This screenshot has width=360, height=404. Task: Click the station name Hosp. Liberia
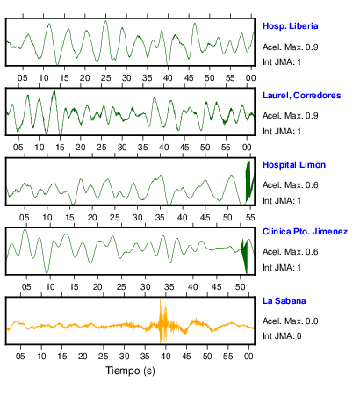290,26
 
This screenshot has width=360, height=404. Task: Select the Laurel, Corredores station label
302,96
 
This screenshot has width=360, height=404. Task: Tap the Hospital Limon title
294,165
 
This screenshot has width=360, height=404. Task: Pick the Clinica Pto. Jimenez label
305,232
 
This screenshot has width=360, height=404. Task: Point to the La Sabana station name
284,301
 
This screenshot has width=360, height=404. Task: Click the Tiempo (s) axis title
130,371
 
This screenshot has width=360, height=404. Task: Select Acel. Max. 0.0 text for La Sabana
290,321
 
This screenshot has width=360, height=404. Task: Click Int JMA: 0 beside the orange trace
282,335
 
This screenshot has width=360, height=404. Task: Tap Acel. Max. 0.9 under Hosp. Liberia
290,47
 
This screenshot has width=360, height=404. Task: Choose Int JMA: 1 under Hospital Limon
282,201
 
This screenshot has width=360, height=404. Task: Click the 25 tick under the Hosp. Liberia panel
106,78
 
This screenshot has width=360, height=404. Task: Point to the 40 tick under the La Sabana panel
165,357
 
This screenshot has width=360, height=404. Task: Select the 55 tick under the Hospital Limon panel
250,218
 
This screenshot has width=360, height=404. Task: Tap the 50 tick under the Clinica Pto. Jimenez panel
240,287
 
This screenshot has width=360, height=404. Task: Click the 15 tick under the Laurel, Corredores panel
60,148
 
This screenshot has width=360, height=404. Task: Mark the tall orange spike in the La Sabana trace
161,321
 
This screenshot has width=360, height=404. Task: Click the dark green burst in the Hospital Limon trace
248,182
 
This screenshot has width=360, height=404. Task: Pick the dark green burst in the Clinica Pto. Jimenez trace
244,256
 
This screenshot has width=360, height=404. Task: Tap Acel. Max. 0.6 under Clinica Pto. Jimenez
290,252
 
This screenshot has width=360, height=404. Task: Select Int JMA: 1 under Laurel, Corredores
282,132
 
